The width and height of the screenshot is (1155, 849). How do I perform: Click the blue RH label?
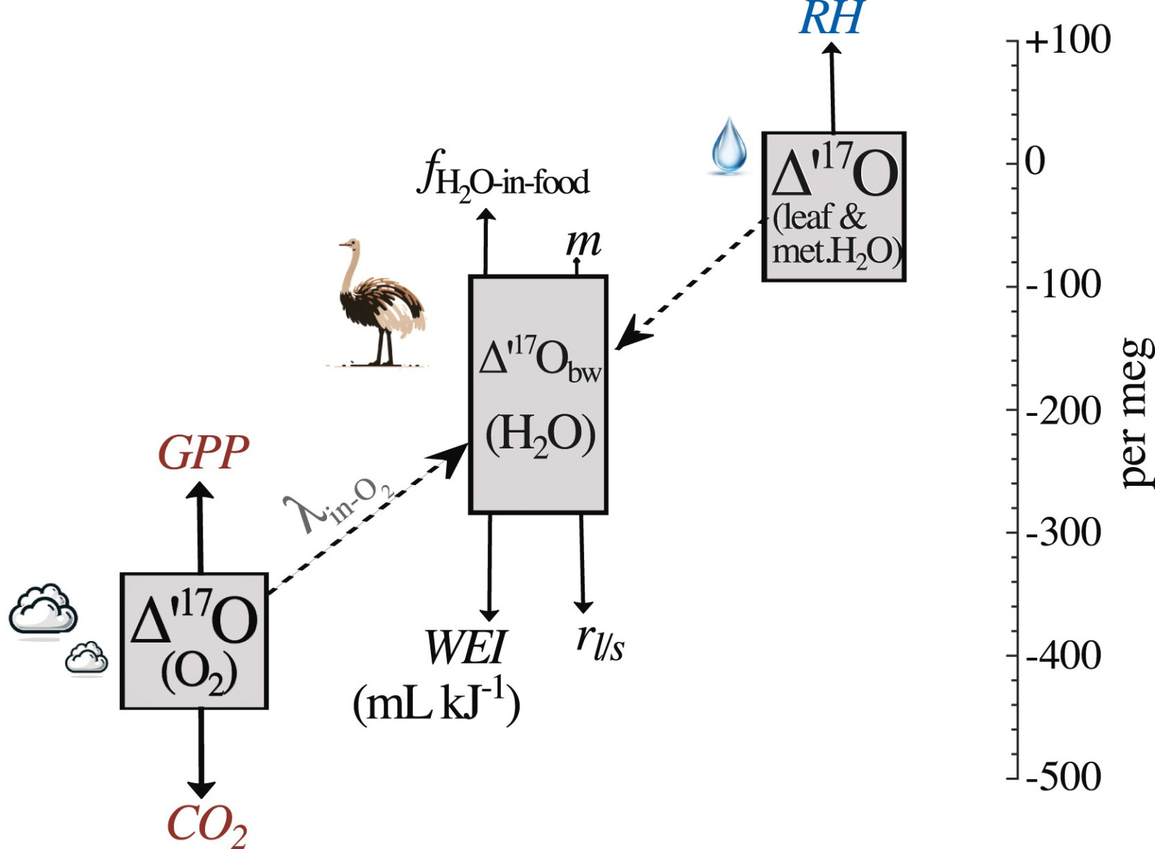pos(831,17)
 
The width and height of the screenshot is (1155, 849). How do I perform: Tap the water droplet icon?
pos(728,145)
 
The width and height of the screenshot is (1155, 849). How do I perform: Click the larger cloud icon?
pos(43,609)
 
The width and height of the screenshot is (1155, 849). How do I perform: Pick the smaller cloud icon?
pos(87,657)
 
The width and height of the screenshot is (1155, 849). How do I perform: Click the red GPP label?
pos(204,453)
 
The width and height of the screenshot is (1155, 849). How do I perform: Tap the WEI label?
pos(465,648)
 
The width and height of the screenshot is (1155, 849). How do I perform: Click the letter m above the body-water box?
pos(584,243)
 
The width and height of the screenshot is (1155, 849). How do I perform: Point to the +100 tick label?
pos(1068,40)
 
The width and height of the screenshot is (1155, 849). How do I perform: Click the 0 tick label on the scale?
pos(1035,162)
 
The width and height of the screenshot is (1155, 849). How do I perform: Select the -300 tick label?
pos(1063,532)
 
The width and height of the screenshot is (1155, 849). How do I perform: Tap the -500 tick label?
pos(1063,777)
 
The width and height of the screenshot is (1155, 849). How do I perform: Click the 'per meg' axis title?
pos(1138,413)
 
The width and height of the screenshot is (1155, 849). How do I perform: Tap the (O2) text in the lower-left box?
pos(199,675)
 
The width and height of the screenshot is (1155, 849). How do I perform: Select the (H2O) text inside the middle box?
pos(541,435)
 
